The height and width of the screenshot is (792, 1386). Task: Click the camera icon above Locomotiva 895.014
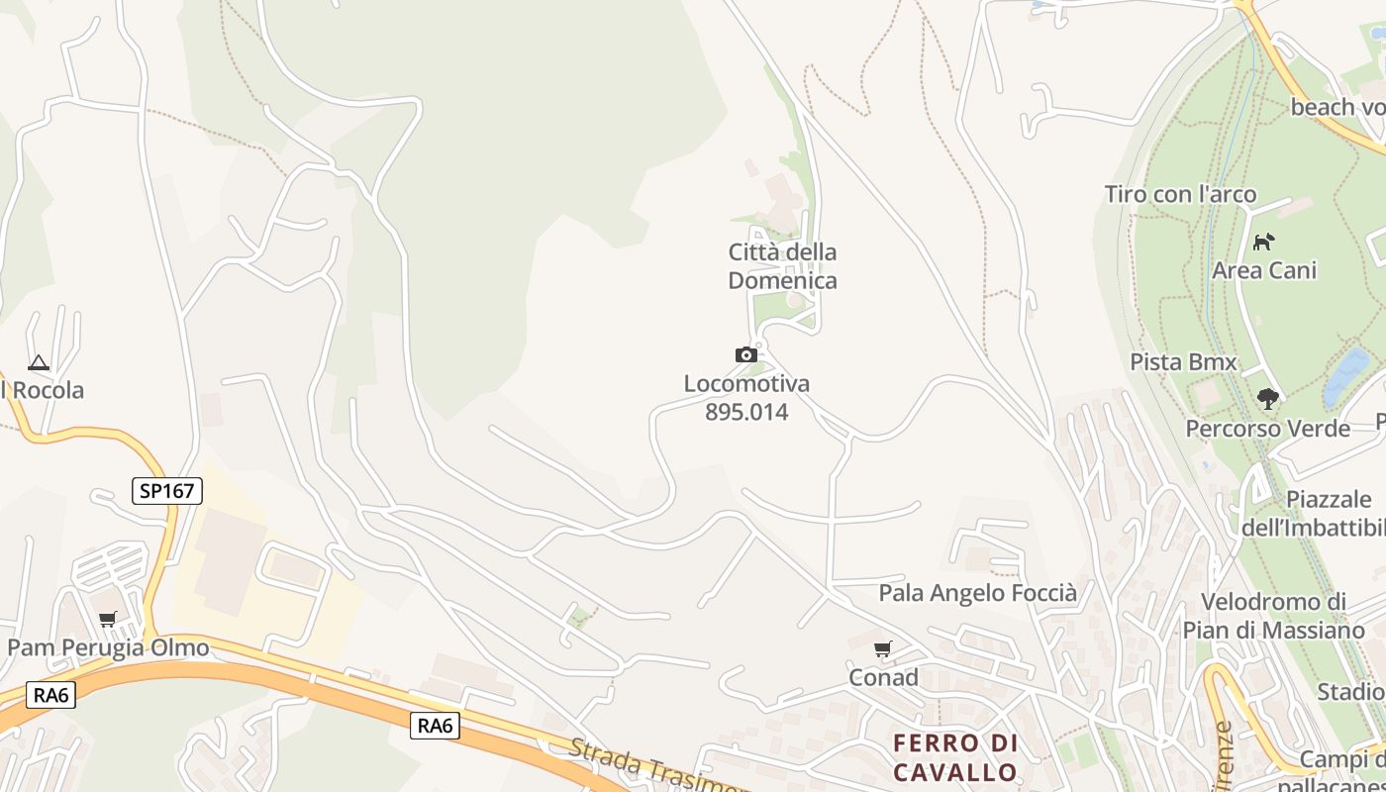pyautogui.click(x=745, y=354)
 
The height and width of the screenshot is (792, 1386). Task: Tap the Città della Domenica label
pyautogui.click(x=782, y=266)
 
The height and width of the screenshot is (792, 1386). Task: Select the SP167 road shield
pyautogui.click(x=166, y=490)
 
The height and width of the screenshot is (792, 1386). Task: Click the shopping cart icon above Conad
pyautogui.click(x=882, y=649)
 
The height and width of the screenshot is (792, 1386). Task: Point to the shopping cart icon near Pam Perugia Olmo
pyautogui.click(x=107, y=620)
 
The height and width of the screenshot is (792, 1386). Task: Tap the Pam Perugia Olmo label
pyautogui.click(x=108, y=648)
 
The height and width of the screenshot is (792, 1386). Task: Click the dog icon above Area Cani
pyautogui.click(x=1263, y=242)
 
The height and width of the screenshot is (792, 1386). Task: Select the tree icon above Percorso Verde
pyautogui.click(x=1267, y=399)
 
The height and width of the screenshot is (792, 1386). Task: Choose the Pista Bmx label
pyautogui.click(x=1183, y=362)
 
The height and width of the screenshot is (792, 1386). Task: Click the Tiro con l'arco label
pyautogui.click(x=1180, y=194)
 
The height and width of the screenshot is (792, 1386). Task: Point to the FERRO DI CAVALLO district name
pyautogui.click(x=954, y=757)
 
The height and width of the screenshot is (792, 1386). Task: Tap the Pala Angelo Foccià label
pyautogui.click(x=977, y=593)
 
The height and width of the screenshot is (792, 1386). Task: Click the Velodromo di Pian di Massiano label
pyautogui.click(x=1273, y=616)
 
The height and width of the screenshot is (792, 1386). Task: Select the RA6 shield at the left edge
pyautogui.click(x=51, y=695)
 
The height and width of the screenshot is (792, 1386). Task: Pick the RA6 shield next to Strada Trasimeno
pyautogui.click(x=435, y=726)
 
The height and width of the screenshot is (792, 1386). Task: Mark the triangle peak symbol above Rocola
pyautogui.click(x=38, y=363)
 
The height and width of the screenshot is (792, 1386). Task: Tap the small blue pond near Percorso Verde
pyautogui.click(x=1347, y=377)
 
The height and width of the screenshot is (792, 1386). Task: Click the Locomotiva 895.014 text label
pyautogui.click(x=746, y=398)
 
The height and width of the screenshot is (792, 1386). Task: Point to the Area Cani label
pyautogui.click(x=1264, y=270)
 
